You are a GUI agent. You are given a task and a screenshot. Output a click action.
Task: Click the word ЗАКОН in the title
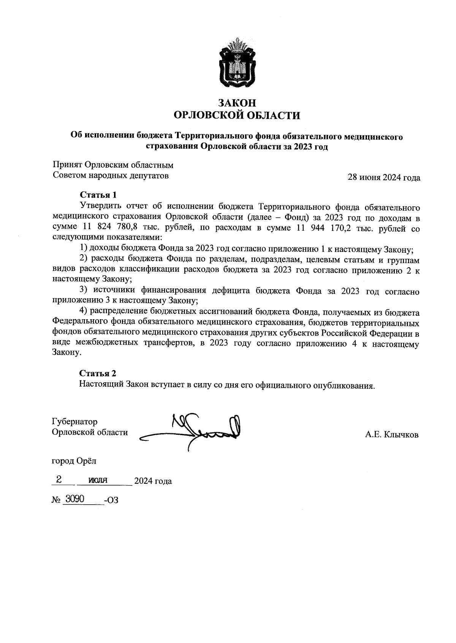pyautogui.click(x=236, y=103)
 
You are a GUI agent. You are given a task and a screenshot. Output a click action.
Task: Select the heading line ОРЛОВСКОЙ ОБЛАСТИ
pyautogui.click(x=236, y=115)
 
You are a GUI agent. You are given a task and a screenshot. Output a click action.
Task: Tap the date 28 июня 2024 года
pyautogui.click(x=384, y=177)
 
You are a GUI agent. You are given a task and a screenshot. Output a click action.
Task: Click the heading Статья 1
pyautogui.click(x=98, y=195)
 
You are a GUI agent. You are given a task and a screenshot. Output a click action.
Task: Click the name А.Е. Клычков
pyautogui.click(x=392, y=434)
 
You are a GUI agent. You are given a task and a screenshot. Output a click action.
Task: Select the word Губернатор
pyautogui.click(x=74, y=421)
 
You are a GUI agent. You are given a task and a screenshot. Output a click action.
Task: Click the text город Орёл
pyautogui.click(x=74, y=461)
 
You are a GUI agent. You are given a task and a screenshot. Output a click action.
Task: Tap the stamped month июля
pyautogui.click(x=98, y=480)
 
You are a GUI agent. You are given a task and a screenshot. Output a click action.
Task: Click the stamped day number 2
pyautogui.click(x=59, y=480)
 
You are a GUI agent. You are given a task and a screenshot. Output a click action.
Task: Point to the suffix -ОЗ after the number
pyautogui.click(x=112, y=500)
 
